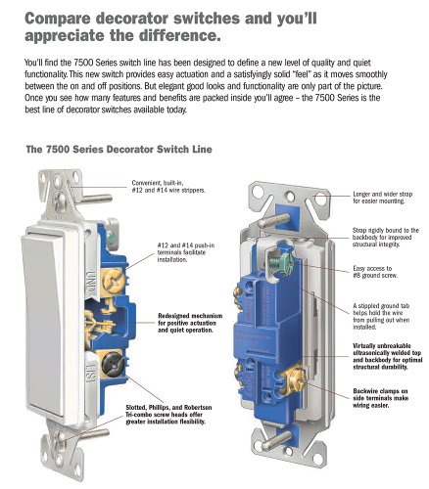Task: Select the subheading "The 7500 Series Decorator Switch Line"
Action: tap(119, 150)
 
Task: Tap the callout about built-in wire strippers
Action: tap(168, 187)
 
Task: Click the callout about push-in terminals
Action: tap(186, 252)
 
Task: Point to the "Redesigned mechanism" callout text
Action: tap(190, 323)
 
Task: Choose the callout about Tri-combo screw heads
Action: tap(168, 415)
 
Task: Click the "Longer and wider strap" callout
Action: tap(383, 198)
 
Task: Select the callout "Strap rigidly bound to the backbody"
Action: tap(385, 237)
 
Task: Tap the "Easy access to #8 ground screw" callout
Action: tap(375, 272)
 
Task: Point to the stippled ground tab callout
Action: tap(381, 316)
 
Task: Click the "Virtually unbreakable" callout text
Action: tap(388, 356)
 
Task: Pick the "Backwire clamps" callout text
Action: tap(380, 398)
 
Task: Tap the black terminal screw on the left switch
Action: tap(112, 364)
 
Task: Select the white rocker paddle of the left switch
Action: tap(43, 324)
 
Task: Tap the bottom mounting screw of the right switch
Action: tap(275, 439)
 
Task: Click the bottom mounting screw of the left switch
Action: tap(81, 436)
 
